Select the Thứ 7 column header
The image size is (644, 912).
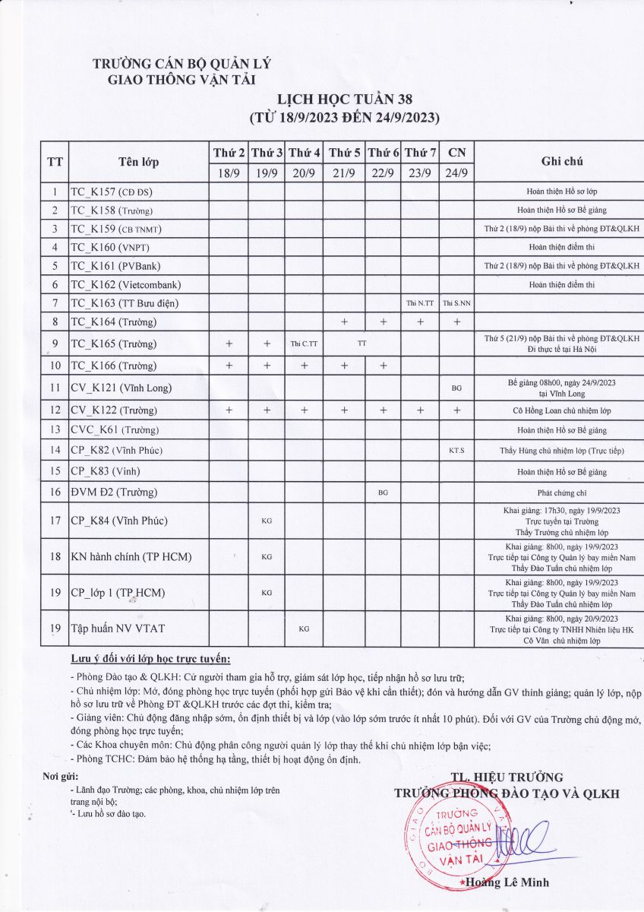(x=420, y=153)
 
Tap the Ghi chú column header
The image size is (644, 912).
(x=561, y=161)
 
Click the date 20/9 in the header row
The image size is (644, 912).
(x=304, y=173)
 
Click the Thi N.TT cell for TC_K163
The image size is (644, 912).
(x=420, y=303)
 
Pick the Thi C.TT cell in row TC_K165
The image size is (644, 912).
(x=304, y=344)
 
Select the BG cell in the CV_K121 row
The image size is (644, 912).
(x=456, y=388)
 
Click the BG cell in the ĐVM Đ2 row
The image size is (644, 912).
(x=383, y=492)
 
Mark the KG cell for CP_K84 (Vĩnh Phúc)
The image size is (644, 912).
(x=267, y=521)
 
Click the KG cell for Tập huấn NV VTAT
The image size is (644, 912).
(x=304, y=629)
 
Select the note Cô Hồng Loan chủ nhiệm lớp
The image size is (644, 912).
(x=561, y=410)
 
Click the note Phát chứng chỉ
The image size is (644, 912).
(x=561, y=492)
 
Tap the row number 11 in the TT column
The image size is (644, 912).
(x=55, y=388)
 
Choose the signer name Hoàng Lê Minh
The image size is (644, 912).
(x=508, y=882)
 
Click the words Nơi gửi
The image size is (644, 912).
(x=61, y=776)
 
